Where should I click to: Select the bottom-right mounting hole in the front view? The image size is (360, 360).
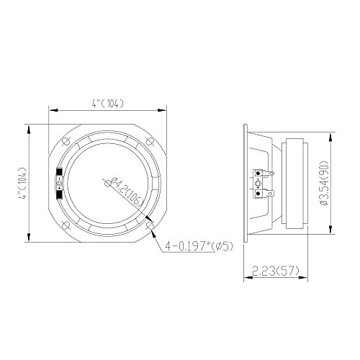pyautogui.click(x=150, y=225)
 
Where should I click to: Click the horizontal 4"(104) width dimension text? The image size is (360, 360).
pyautogui.click(x=109, y=102)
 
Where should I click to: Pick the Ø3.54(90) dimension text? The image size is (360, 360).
pyautogui.click(x=325, y=181)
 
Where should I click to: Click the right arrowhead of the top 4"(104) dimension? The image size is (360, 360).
pyautogui.click(x=167, y=109)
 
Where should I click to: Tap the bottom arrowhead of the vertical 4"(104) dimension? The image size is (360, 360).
pyautogui.click(x=29, y=243)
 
